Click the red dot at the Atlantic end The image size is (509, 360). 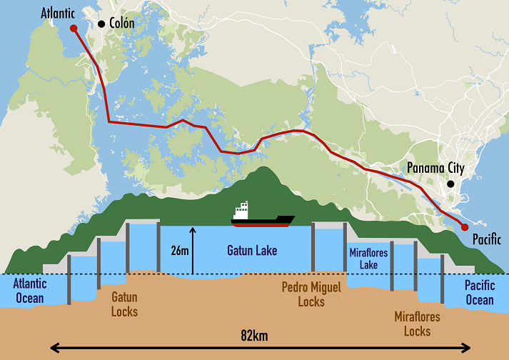[x=73, y=29]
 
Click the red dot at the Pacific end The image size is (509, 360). [x=465, y=227]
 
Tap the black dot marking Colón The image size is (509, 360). [x=101, y=24]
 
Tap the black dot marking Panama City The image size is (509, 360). [x=450, y=184]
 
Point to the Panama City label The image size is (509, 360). [x=435, y=169]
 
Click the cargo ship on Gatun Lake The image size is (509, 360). [x=262, y=215]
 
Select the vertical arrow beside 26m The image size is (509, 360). [x=193, y=250]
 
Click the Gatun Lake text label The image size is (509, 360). [x=251, y=251]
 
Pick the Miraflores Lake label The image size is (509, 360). [x=368, y=259]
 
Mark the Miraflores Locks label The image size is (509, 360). [x=417, y=324]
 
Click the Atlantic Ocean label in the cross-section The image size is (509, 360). [x=29, y=291]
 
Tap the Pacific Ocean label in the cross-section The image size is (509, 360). [x=479, y=292]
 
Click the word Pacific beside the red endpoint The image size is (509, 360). [x=487, y=239]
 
